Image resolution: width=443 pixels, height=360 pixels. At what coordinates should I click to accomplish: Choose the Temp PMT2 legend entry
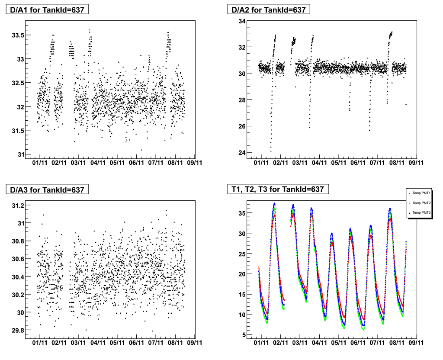(x=421, y=203)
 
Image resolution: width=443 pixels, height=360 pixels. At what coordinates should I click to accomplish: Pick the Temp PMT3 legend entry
(x=421, y=213)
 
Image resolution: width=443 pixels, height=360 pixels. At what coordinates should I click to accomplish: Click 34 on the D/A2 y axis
(x=242, y=21)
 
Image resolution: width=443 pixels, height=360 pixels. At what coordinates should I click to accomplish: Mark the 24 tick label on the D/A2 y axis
(x=242, y=153)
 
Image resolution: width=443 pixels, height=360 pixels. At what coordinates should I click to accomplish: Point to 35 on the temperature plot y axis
(x=242, y=213)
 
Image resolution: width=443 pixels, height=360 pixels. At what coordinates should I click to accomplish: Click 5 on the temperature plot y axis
(x=244, y=335)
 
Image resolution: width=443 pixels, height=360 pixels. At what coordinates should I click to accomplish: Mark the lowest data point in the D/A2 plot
(x=271, y=151)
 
